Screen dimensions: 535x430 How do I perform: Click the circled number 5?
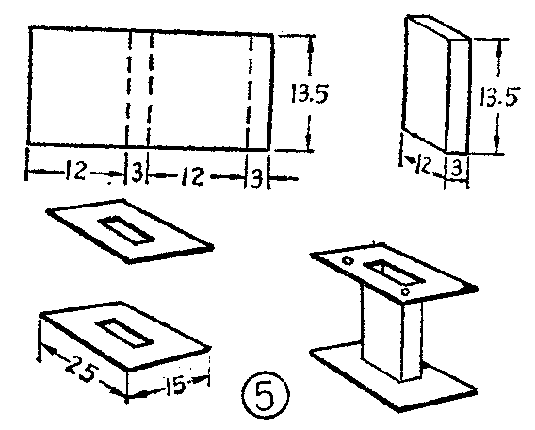tap(265, 394)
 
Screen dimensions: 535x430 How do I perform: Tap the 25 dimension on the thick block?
tap(82, 370)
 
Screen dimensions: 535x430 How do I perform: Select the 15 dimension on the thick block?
tap(176, 385)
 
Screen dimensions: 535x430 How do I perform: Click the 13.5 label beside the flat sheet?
tap(310, 93)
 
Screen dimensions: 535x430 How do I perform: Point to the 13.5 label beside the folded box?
tap(498, 96)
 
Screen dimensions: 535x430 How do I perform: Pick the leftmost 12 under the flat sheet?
tap(75, 171)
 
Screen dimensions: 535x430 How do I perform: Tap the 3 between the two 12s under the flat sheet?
tap(137, 173)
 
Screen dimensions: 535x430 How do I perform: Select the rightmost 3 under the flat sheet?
tap(257, 177)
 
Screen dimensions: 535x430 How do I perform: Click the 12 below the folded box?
tap(422, 165)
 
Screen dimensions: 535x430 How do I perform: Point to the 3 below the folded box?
tap(457, 168)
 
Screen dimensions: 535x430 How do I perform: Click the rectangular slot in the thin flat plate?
tap(126, 229)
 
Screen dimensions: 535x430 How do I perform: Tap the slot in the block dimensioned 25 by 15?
tap(123, 333)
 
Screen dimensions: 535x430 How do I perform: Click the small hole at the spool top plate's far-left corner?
tap(348, 260)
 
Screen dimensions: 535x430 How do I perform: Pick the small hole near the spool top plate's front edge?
tap(405, 292)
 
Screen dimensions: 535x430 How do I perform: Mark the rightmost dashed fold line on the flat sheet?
tap(250, 92)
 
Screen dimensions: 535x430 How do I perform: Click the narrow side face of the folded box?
tap(458, 95)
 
